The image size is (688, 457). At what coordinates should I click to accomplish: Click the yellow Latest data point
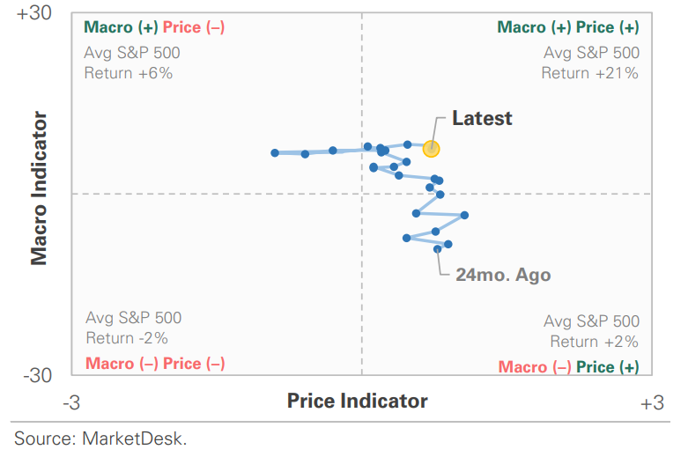click(x=431, y=149)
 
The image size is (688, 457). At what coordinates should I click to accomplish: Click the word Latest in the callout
click(x=482, y=118)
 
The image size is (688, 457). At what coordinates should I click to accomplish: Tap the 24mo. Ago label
click(x=503, y=275)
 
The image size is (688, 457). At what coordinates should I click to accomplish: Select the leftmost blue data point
click(x=275, y=152)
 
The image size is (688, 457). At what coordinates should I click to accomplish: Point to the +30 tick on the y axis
click(x=34, y=15)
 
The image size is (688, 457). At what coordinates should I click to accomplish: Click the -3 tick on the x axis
click(x=72, y=403)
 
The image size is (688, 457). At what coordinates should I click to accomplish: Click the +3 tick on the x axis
click(x=651, y=403)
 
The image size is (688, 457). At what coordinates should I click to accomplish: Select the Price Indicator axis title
click(x=358, y=402)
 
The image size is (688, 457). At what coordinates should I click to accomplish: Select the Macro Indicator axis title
click(x=39, y=187)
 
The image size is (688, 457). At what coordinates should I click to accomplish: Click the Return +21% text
click(x=589, y=73)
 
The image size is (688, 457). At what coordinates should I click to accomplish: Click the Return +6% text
click(x=129, y=73)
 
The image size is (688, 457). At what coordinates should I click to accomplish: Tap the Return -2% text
click(x=127, y=337)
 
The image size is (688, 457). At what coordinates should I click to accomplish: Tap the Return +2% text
click(x=595, y=342)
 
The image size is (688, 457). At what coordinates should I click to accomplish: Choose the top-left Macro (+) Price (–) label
click(x=154, y=27)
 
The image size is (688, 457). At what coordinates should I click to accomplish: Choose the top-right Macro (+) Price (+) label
click(x=568, y=27)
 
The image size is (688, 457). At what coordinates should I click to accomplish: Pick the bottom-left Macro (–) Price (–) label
click(x=155, y=364)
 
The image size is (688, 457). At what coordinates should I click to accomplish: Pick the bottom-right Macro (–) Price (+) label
click(x=568, y=367)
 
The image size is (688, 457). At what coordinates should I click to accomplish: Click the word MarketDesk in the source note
click(x=134, y=438)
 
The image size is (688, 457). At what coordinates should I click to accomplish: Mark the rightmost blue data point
click(x=464, y=215)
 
